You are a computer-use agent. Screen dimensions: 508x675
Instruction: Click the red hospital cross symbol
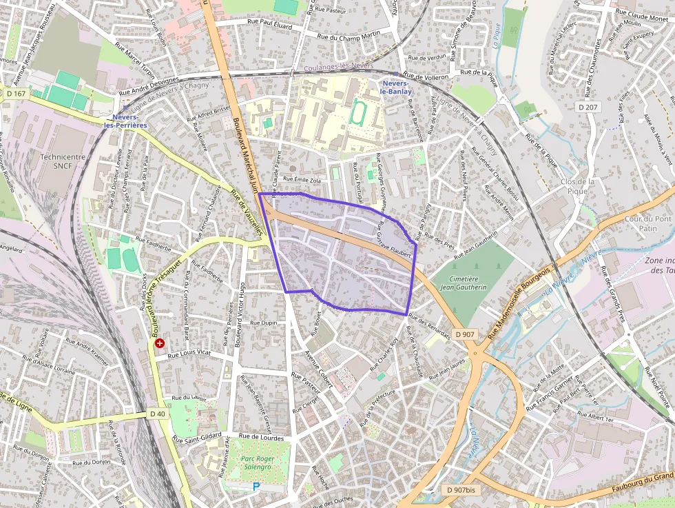pyautogui.click(x=160, y=343)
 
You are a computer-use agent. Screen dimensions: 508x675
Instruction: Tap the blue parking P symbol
pyautogui.click(x=256, y=487)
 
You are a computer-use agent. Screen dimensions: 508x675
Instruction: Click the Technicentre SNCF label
pyautogui.click(x=63, y=161)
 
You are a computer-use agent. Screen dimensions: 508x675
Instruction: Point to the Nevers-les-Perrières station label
pyautogui.click(x=125, y=121)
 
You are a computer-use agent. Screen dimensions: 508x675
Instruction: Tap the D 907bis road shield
pyautogui.click(x=461, y=490)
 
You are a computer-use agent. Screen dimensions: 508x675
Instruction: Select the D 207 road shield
pyautogui.click(x=588, y=108)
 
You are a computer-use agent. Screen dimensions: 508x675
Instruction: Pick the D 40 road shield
pyautogui.click(x=157, y=414)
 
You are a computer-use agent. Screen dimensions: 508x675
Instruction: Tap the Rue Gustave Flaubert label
pyautogui.click(x=393, y=245)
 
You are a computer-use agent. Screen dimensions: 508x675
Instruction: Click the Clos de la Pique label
pyautogui.click(x=577, y=186)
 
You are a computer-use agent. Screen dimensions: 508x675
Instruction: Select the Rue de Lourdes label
pyautogui.click(x=261, y=436)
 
